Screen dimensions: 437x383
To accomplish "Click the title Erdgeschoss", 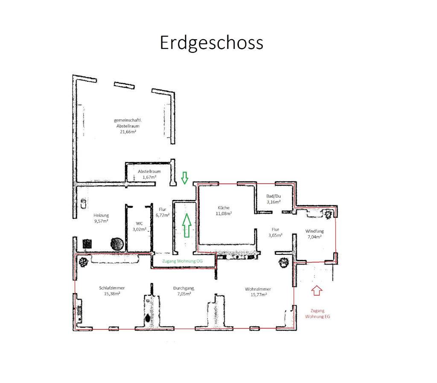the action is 211,43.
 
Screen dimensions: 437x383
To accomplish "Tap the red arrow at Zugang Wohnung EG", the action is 317,290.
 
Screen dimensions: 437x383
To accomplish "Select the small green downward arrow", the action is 184,178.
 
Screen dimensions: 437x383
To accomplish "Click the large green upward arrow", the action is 187,225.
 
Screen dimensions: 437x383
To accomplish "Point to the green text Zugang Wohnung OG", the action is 182,261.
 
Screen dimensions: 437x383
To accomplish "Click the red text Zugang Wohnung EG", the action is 318,314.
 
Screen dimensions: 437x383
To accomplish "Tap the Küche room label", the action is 224,208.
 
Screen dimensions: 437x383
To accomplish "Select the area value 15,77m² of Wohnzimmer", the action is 259,294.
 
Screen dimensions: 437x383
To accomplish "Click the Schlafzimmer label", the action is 112,288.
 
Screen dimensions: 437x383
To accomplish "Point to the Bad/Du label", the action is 274,196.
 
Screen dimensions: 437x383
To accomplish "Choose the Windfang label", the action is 315,231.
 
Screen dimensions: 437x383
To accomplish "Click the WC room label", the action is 140,223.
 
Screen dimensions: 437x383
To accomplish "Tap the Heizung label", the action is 101,215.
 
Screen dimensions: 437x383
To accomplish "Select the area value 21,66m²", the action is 128,132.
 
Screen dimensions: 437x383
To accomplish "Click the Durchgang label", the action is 184,288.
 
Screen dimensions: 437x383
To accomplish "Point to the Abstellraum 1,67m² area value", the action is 149,177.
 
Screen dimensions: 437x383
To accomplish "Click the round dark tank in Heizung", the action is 117,244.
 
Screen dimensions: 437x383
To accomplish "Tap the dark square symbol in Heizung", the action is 87,244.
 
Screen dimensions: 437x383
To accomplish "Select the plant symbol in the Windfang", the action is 328,213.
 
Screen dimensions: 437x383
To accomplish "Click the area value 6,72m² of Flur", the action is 163,215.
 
